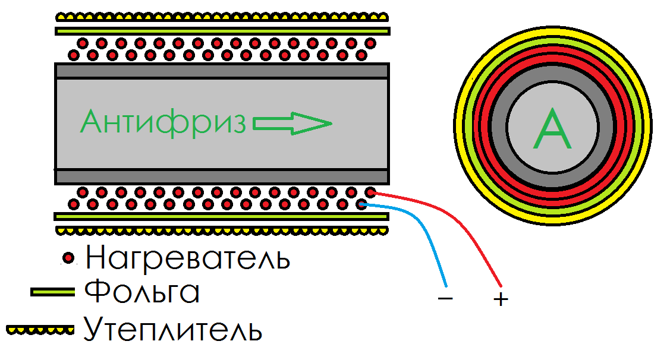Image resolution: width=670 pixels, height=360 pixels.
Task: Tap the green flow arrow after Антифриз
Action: tap(292, 124)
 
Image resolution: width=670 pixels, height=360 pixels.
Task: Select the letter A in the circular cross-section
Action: tap(552, 131)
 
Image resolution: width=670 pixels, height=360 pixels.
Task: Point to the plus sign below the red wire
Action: tap(501, 299)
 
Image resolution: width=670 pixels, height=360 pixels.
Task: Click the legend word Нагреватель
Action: tap(188, 258)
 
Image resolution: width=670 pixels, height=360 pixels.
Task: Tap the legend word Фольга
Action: tap(141, 292)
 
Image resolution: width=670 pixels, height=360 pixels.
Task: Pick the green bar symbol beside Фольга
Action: tap(53, 292)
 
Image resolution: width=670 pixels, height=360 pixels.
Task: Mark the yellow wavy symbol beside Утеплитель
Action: tap(39, 328)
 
